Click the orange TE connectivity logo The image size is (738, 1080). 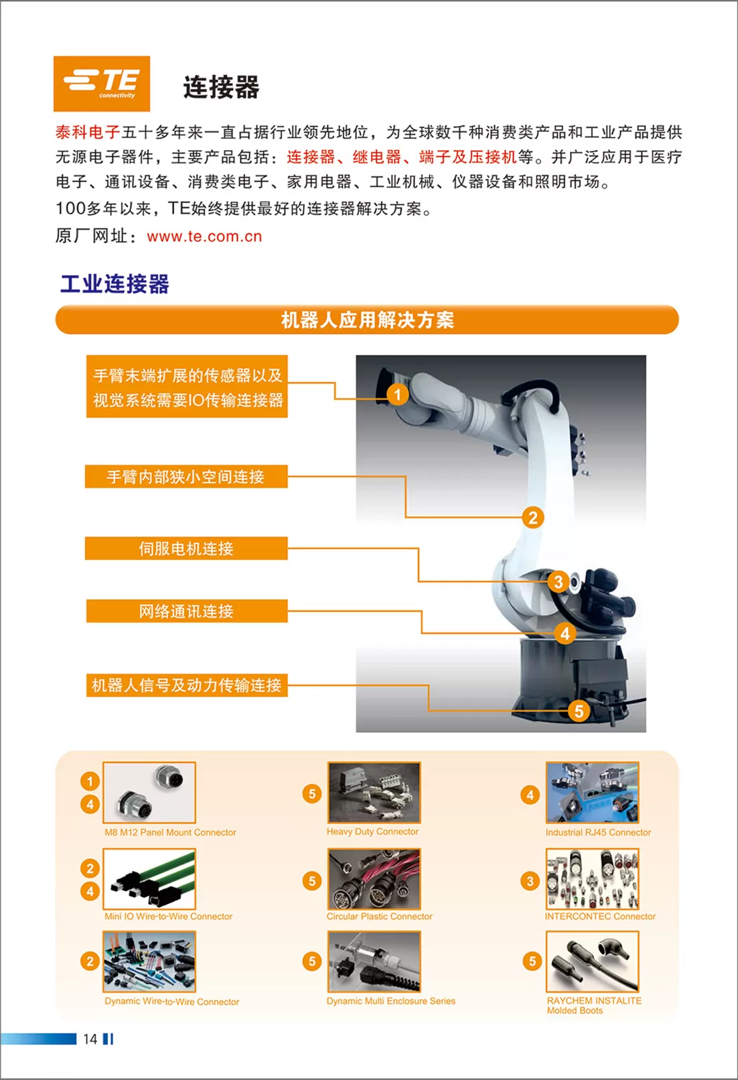pyautogui.click(x=102, y=83)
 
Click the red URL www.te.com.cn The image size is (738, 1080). pyautogui.click(x=204, y=237)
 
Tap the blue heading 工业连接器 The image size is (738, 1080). pyautogui.click(x=115, y=283)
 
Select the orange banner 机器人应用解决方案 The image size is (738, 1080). pyautogui.click(x=367, y=320)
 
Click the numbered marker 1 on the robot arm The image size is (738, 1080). pyautogui.click(x=398, y=395)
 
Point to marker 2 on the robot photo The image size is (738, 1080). pyautogui.click(x=532, y=518)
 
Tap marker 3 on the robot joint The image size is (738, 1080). pyautogui.click(x=559, y=582)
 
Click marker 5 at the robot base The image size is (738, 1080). pyautogui.click(x=579, y=711)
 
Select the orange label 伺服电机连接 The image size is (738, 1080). pyautogui.click(x=187, y=548)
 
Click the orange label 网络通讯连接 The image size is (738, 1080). pyautogui.click(x=187, y=611)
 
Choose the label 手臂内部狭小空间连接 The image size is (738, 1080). pyautogui.click(x=187, y=476)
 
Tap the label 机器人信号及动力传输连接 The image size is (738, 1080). pyautogui.click(x=187, y=685)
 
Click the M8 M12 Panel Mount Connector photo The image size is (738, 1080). pyautogui.click(x=149, y=792)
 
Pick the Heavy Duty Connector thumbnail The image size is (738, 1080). pyautogui.click(x=374, y=792)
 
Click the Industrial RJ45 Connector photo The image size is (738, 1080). pyautogui.click(x=593, y=792)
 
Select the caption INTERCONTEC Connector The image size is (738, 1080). pyautogui.click(x=600, y=916)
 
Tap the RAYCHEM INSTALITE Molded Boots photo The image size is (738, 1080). pyautogui.click(x=593, y=961)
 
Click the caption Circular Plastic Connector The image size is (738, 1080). pyautogui.click(x=379, y=916)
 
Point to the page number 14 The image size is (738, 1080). pyautogui.click(x=90, y=1039)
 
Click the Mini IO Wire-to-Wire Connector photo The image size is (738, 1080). pyautogui.click(x=149, y=879)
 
